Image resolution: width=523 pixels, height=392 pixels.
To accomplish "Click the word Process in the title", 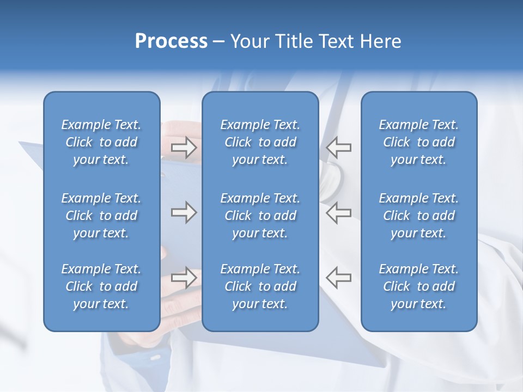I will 171,41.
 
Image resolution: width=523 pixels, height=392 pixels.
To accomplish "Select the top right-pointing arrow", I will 184,147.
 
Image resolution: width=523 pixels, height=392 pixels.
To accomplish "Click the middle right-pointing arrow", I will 184,212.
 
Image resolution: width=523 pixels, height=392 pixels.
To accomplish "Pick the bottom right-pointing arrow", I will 184,277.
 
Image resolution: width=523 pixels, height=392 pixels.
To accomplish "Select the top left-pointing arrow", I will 339,147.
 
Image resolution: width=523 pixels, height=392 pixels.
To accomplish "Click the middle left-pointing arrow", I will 339,212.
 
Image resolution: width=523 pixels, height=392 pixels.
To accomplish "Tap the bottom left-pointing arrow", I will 339,277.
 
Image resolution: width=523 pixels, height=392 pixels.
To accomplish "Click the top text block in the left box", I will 101,142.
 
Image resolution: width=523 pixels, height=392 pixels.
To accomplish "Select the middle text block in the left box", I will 101,216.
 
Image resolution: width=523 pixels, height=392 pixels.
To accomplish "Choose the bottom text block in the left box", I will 101,286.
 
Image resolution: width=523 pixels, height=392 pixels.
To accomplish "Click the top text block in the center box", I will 260,142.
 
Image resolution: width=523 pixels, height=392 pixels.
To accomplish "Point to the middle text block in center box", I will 260,216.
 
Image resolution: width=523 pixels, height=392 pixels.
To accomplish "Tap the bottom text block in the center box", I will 260,286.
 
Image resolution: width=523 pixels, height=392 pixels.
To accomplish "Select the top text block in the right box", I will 419,142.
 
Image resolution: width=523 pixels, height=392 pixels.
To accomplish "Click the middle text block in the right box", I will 419,216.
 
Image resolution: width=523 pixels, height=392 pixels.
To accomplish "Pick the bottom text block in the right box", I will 419,286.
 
